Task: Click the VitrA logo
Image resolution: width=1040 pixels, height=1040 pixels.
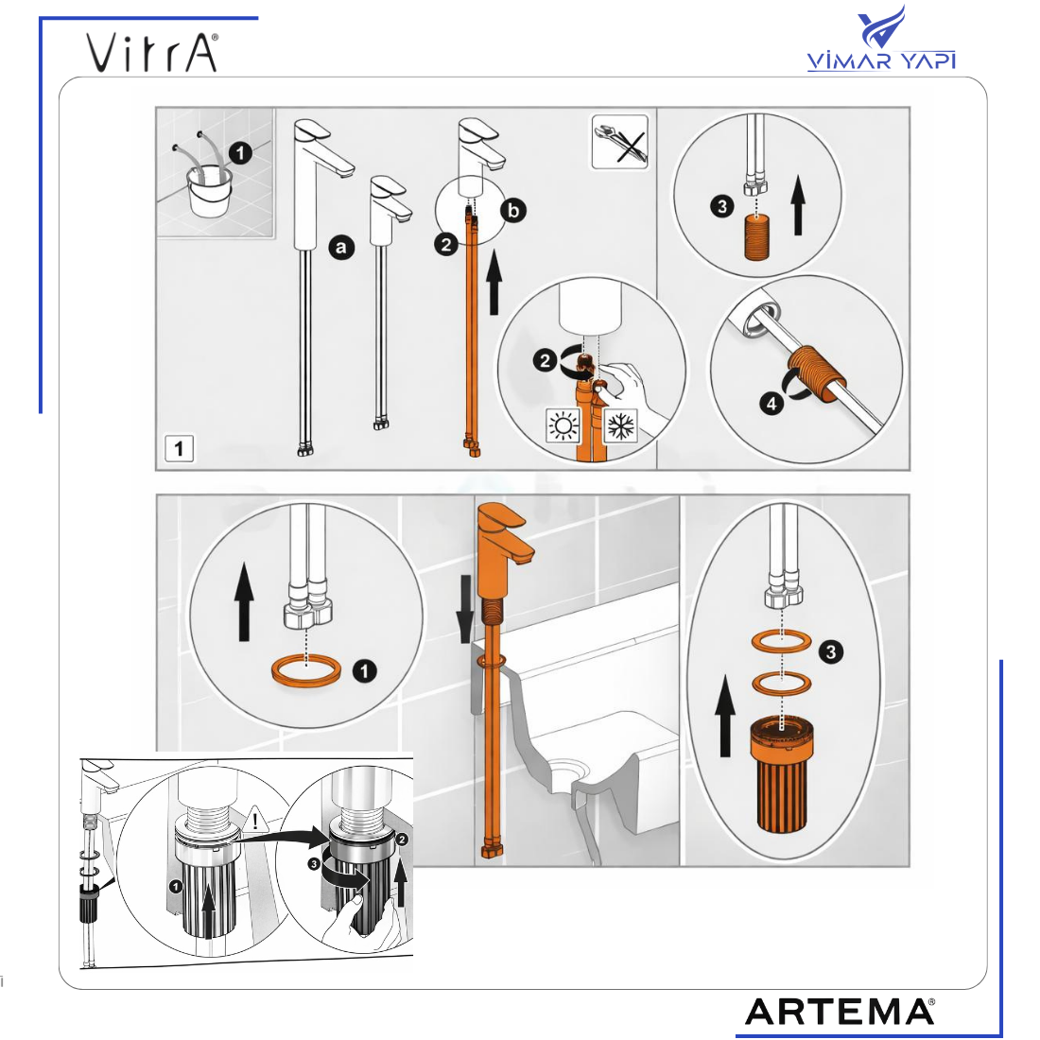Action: click(x=152, y=52)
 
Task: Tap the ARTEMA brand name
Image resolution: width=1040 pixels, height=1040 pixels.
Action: click(x=840, y=1012)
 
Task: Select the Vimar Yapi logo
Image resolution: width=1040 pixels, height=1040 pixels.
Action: click(x=881, y=39)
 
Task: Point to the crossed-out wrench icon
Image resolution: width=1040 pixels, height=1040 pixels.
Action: click(x=619, y=142)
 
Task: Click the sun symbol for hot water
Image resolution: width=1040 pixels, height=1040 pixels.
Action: click(x=563, y=425)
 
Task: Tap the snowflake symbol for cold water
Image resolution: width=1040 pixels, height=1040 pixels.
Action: click(x=621, y=425)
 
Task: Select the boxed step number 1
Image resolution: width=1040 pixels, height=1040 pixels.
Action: click(x=179, y=449)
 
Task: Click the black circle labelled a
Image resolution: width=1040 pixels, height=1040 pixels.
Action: click(x=341, y=248)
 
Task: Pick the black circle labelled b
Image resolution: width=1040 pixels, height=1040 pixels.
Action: click(x=512, y=211)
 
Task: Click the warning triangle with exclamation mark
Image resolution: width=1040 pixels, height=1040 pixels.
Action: click(x=254, y=821)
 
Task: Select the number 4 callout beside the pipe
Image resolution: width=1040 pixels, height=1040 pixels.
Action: click(x=771, y=403)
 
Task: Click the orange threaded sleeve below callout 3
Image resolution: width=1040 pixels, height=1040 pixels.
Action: click(x=756, y=236)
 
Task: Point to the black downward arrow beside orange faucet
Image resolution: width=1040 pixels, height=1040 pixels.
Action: click(x=465, y=609)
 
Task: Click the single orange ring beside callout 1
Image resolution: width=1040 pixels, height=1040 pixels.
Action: click(x=306, y=670)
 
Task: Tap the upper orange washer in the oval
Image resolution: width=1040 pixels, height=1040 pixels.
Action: click(x=782, y=641)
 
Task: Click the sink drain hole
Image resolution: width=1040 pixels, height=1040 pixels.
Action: click(x=569, y=770)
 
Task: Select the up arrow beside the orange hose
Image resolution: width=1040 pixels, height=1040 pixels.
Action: click(x=494, y=282)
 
